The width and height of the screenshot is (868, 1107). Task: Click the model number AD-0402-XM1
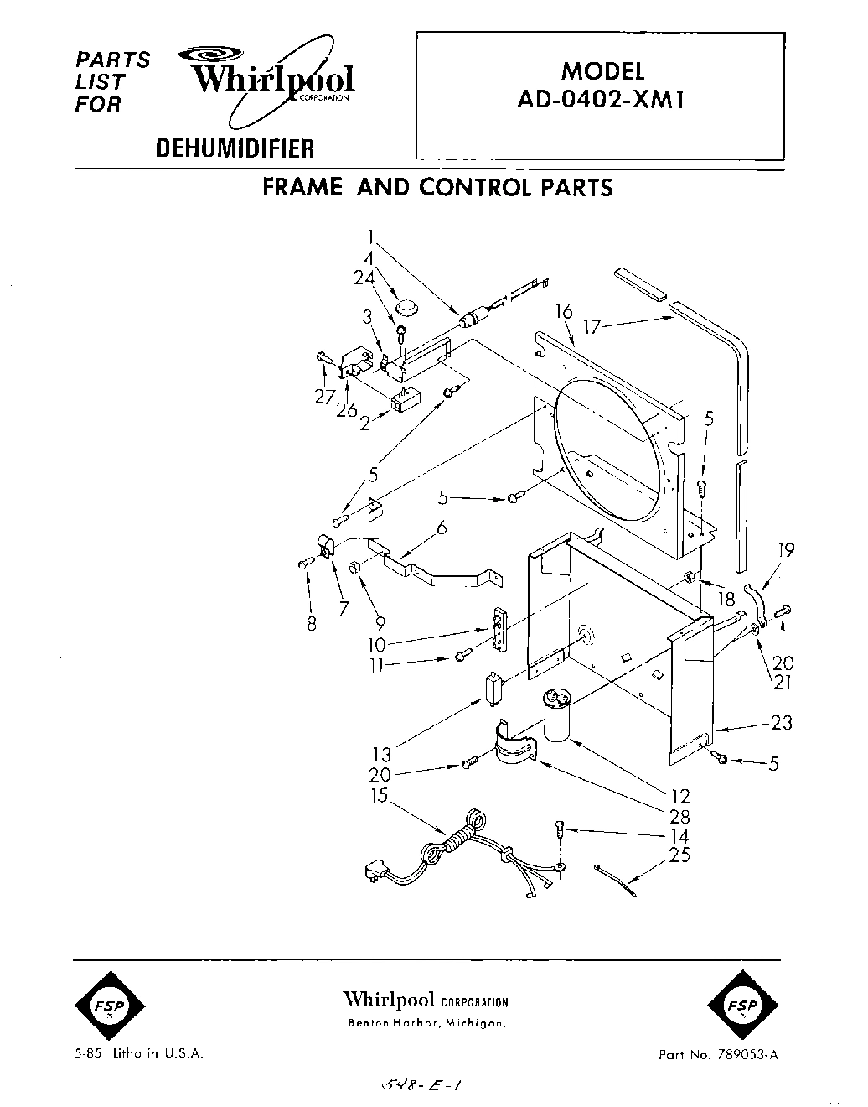click(602, 100)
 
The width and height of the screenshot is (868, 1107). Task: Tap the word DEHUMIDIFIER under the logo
click(235, 149)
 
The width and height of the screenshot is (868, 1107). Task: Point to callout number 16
click(563, 313)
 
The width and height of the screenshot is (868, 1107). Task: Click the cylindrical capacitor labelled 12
click(558, 714)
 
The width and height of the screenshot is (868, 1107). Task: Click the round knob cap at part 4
click(406, 306)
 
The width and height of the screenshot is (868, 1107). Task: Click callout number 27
click(324, 398)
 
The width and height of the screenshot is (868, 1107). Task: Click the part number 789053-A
click(747, 1054)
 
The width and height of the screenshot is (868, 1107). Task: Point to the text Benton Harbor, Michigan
click(426, 1024)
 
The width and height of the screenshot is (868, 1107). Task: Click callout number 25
click(680, 857)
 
